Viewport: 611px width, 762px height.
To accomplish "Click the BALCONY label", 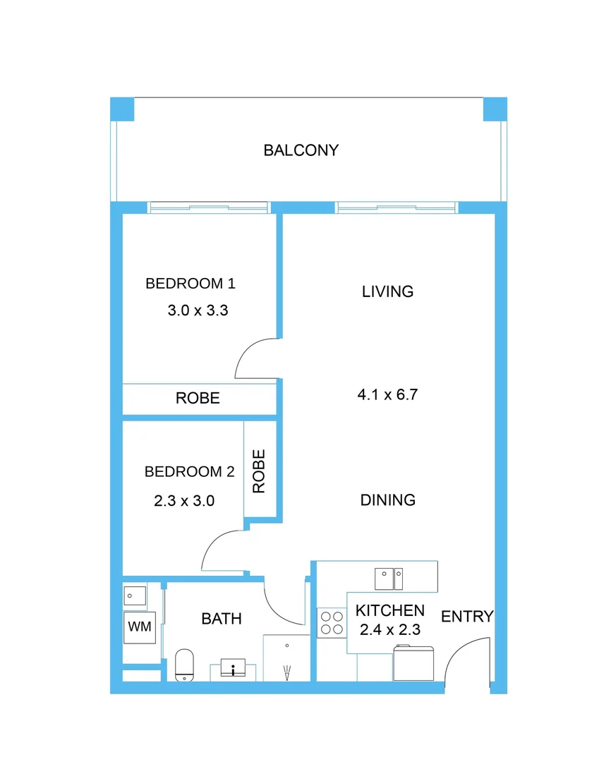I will click(x=301, y=150).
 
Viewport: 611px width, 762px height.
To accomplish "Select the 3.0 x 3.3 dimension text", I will click(x=198, y=310).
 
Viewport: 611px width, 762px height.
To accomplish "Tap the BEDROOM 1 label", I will click(x=190, y=284).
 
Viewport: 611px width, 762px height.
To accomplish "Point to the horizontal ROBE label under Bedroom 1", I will click(x=198, y=398).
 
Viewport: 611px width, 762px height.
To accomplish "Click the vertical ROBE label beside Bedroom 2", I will click(x=259, y=471).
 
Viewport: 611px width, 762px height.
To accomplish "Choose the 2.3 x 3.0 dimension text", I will click(x=183, y=501).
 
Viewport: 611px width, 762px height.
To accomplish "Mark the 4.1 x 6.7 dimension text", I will click(x=387, y=394).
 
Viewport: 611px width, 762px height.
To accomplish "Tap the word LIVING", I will click(x=387, y=291).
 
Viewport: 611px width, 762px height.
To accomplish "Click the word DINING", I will click(x=387, y=500).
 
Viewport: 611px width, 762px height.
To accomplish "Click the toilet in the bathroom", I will click(x=184, y=665).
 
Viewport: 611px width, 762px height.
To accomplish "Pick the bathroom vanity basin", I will click(x=233, y=667).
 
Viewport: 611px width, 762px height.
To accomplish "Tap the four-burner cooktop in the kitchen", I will click(x=332, y=622).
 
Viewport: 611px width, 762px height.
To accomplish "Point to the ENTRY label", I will click(x=466, y=617).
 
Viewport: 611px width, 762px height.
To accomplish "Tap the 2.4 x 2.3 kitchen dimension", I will click(x=389, y=629).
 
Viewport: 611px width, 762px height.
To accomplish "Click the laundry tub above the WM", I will click(x=134, y=595).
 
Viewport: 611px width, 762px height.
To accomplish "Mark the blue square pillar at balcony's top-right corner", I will click(x=495, y=109).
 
